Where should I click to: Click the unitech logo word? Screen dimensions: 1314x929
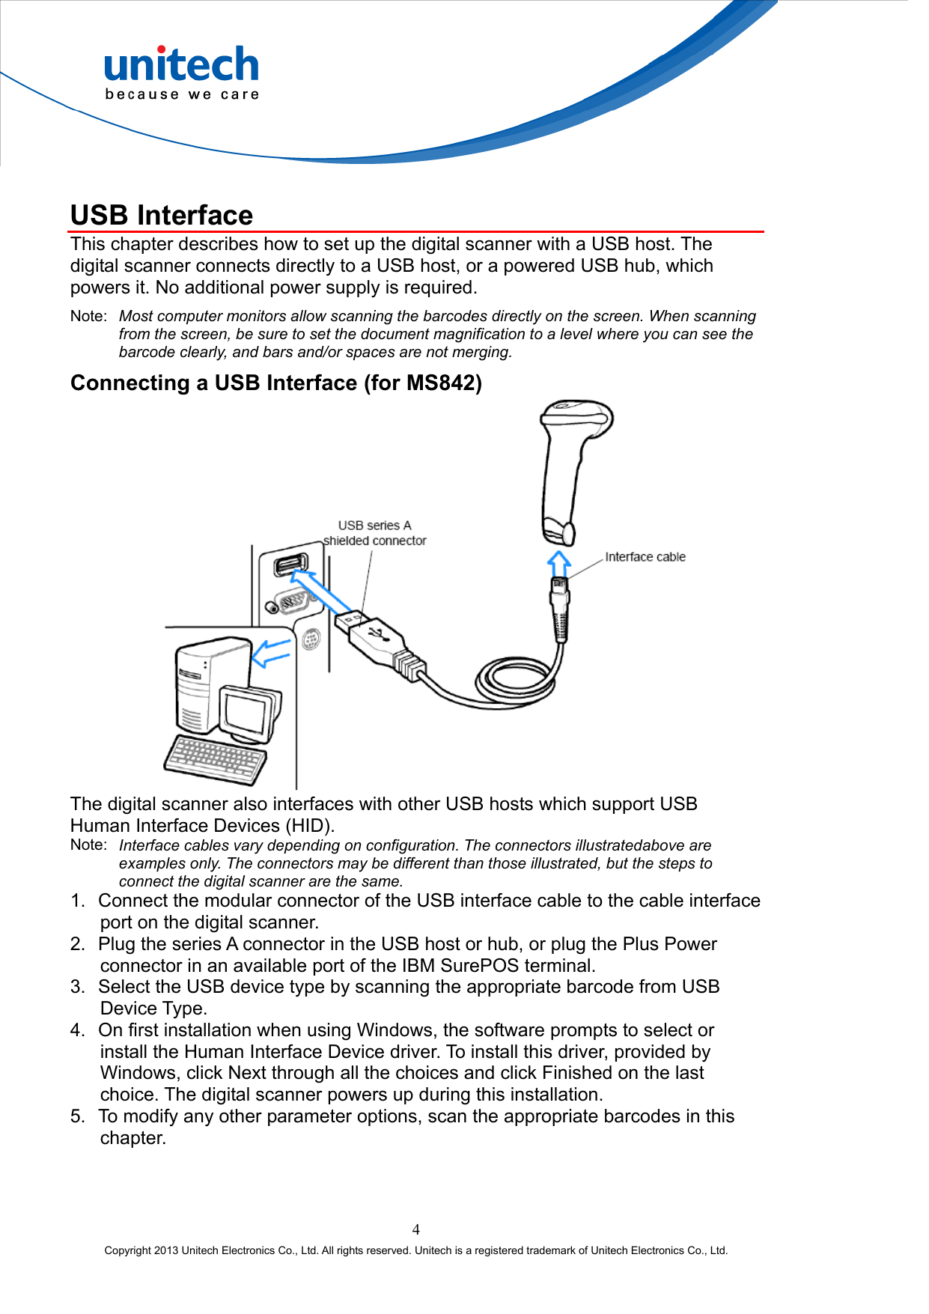tap(181, 64)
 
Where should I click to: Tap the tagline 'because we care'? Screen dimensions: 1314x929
tap(182, 94)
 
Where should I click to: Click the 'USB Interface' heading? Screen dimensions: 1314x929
tap(162, 216)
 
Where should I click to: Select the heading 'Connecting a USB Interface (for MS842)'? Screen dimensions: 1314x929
tap(275, 383)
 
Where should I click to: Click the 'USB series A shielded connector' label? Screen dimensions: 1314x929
tap(374, 533)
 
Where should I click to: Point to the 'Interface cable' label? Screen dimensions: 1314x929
tap(645, 557)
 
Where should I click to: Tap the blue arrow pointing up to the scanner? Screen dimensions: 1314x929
tap(558, 563)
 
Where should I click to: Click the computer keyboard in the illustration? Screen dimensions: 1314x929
tap(216, 759)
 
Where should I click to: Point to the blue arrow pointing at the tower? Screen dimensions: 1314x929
tap(271, 654)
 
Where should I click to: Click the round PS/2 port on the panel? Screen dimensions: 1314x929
tap(311, 640)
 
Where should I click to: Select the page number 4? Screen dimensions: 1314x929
tap(416, 1229)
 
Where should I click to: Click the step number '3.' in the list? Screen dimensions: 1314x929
tap(78, 987)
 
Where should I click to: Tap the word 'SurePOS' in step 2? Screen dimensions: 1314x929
tap(479, 966)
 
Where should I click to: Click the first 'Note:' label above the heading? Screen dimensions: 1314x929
tap(88, 316)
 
